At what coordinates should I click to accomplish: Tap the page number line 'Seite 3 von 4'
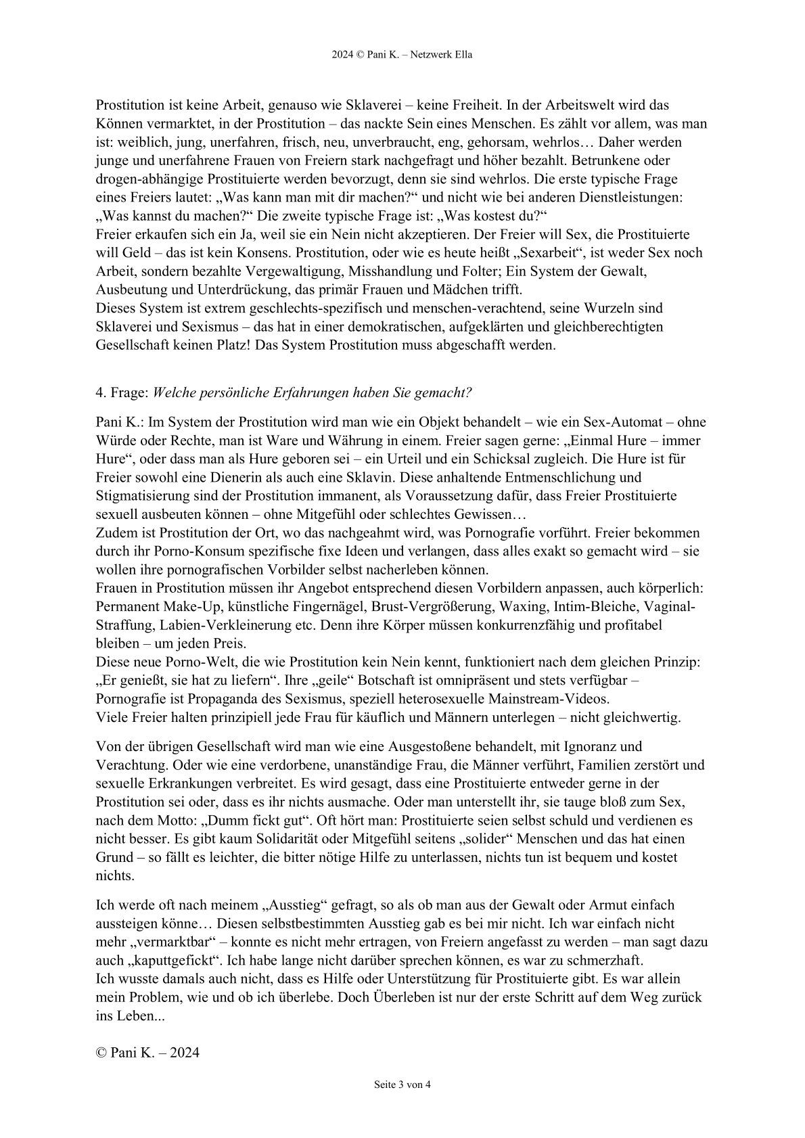tap(402, 1085)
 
